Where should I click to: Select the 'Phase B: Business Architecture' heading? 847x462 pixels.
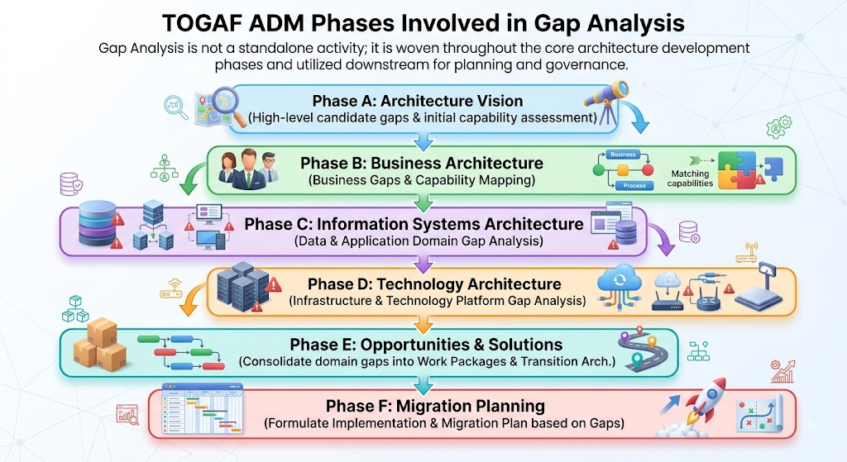[422, 163]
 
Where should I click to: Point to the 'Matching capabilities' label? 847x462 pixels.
[690, 179]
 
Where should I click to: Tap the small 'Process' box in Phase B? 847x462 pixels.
[634, 185]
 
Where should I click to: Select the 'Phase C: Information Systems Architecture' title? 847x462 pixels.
[414, 224]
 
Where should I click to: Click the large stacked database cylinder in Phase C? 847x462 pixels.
[98, 223]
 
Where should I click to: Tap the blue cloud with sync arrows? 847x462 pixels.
[620, 279]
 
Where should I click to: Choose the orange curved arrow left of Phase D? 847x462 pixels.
[191, 299]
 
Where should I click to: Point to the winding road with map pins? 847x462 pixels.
[643, 350]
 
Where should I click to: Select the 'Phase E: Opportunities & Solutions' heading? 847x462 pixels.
[426, 345]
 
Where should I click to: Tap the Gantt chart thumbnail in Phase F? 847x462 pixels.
[203, 408]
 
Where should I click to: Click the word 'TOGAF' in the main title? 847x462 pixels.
[200, 23]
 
